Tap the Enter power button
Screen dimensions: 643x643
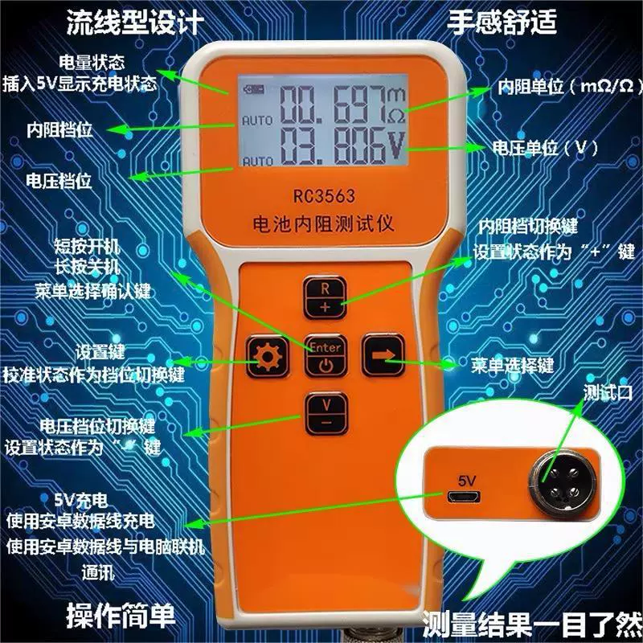point(326,356)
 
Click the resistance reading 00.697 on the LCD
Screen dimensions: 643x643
point(331,105)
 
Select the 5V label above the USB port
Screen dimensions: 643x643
point(467,479)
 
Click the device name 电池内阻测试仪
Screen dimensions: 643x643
point(322,224)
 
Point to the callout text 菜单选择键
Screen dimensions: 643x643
point(512,367)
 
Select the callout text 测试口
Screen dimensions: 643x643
point(608,393)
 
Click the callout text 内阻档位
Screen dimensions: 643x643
point(58,129)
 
